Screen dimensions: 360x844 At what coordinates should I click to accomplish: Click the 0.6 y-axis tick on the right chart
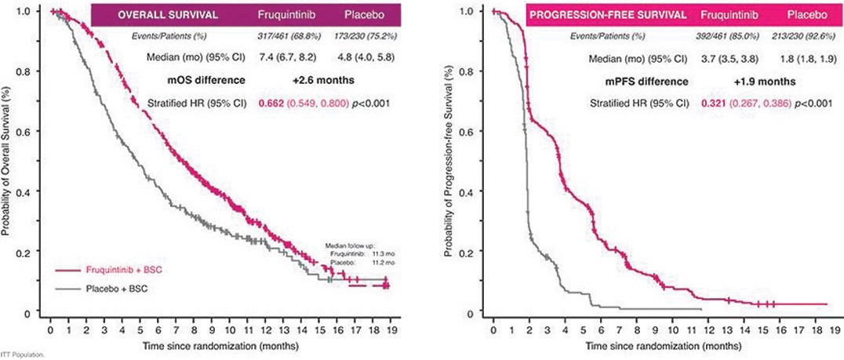[x=469, y=131]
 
